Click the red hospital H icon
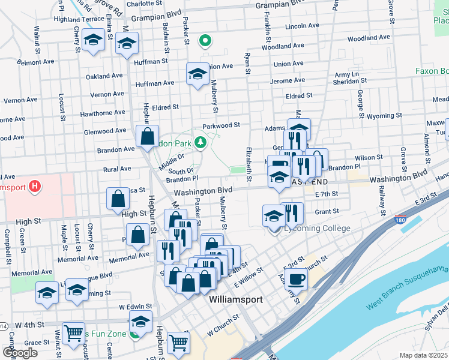pyautogui.click(x=35, y=186)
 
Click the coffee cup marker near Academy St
pyautogui.click(x=296, y=278)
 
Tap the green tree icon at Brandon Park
pyautogui.click(x=200, y=142)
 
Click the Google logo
pyautogui.click(x=20, y=352)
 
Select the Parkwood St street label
pyautogui.click(x=221, y=125)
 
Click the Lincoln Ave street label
pyautogui.click(x=302, y=26)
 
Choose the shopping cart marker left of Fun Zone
pyautogui.click(x=73, y=332)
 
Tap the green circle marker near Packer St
pyautogui.click(x=205, y=41)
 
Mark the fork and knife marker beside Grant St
pyautogui.click(x=292, y=213)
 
